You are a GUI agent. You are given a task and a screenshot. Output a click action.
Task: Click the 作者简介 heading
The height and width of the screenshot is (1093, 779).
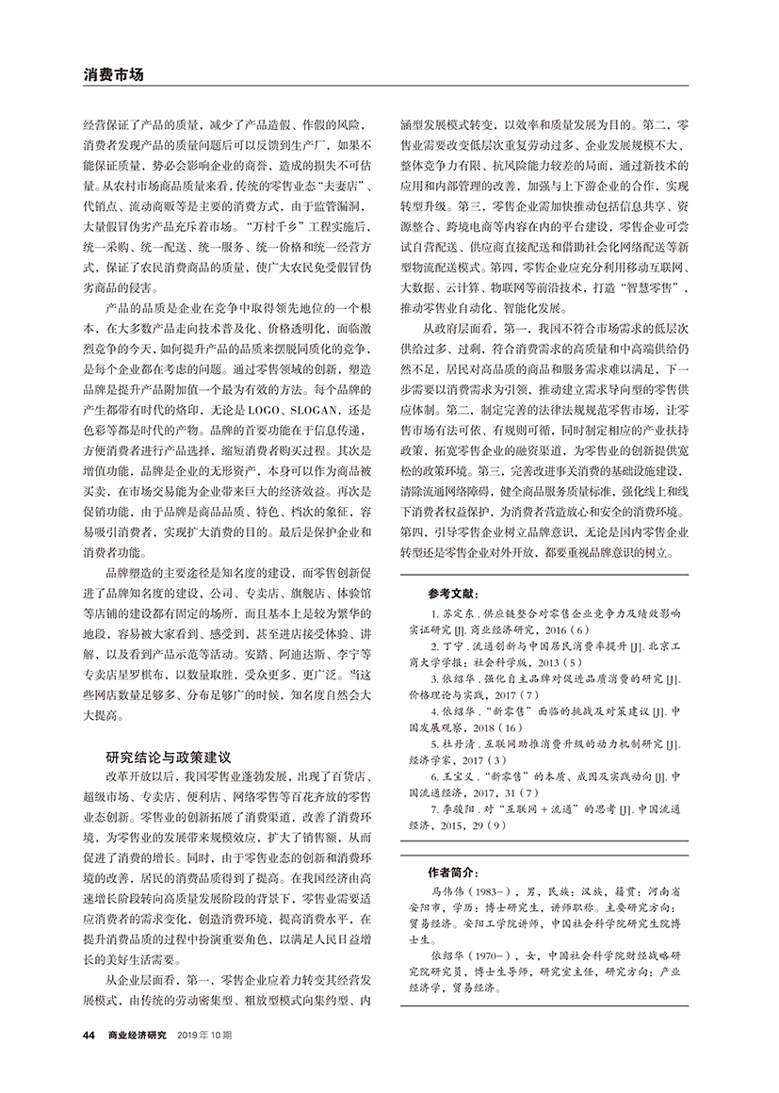(451, 873)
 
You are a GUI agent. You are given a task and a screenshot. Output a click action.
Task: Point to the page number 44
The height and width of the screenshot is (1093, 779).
(89, 1036)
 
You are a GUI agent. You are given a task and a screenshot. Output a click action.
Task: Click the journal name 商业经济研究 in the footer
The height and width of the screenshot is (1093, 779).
(137, 1036)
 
